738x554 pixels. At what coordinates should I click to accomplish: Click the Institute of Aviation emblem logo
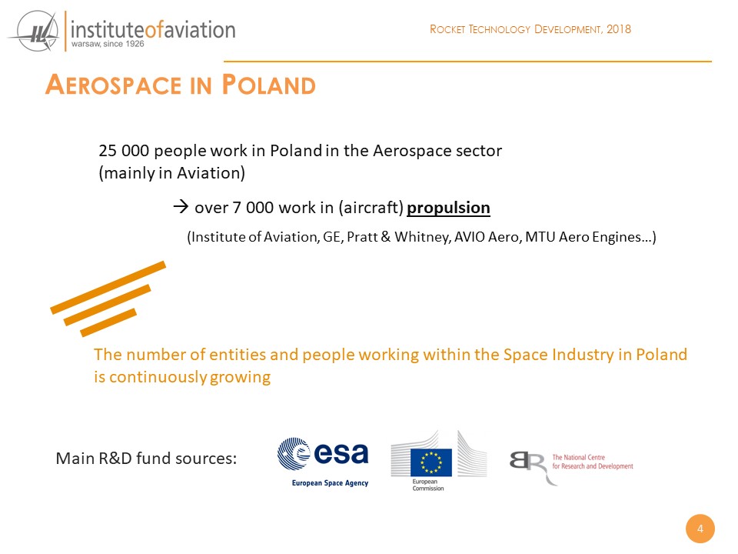[35, 32]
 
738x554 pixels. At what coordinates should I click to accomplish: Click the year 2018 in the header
[618, 29]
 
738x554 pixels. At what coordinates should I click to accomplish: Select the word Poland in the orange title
[268, 85]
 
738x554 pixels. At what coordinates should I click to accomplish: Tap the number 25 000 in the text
[124, 151]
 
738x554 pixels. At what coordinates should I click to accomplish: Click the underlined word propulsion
[448, 208]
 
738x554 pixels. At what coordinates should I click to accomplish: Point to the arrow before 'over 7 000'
[181, 206]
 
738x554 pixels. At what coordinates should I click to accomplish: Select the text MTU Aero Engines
[583, 236]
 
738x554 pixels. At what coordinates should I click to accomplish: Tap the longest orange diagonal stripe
[108, 287]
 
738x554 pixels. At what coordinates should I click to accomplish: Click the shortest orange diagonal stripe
[108, 322]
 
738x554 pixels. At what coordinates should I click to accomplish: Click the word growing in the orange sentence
[240, 377]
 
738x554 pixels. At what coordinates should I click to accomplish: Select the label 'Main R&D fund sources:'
[146, 459]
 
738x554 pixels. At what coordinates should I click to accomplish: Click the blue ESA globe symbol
[293, 454]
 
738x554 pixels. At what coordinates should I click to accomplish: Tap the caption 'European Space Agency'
[330, 483]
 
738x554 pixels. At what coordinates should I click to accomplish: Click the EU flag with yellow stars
[430, 462]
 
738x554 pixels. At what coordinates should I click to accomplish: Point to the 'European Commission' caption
[428, 485]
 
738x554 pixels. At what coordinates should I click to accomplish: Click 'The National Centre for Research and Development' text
[593, 462]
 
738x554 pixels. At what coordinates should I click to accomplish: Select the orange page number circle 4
[700, 529]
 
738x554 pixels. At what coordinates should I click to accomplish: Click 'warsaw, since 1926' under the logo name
[108, 45]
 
